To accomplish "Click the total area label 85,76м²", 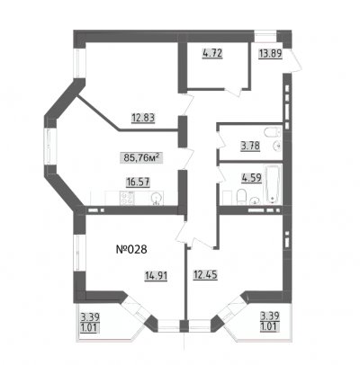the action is tap(141, 157).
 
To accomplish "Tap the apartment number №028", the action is tap(131, 249).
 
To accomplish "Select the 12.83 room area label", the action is tap(143, 118).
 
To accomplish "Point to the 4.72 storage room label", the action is tap(212, 54).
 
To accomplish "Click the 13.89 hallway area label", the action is tap(270, 54).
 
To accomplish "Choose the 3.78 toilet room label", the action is tap(250, 147).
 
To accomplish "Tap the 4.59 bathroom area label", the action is tap(252, 178).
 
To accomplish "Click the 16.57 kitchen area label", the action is tap(138, 182).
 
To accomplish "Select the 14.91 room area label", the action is tap(156, 275).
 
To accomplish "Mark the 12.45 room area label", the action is tap(205, 274).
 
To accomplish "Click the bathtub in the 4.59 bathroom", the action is tap(273, 184).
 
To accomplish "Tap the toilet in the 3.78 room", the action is tap(273, 132).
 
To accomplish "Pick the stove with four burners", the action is tap(127, 198).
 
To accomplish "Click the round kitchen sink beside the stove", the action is tap(157, 199).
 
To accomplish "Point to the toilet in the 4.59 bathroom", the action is tap(241, 197).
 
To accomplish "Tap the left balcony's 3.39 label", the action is tap(90, 316).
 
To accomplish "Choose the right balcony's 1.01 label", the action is tap(270, 325).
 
